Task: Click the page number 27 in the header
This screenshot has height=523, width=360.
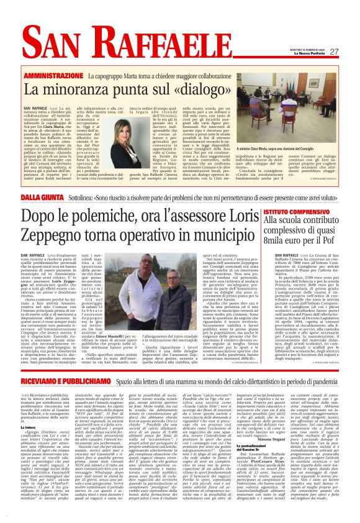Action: coord(334,52)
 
